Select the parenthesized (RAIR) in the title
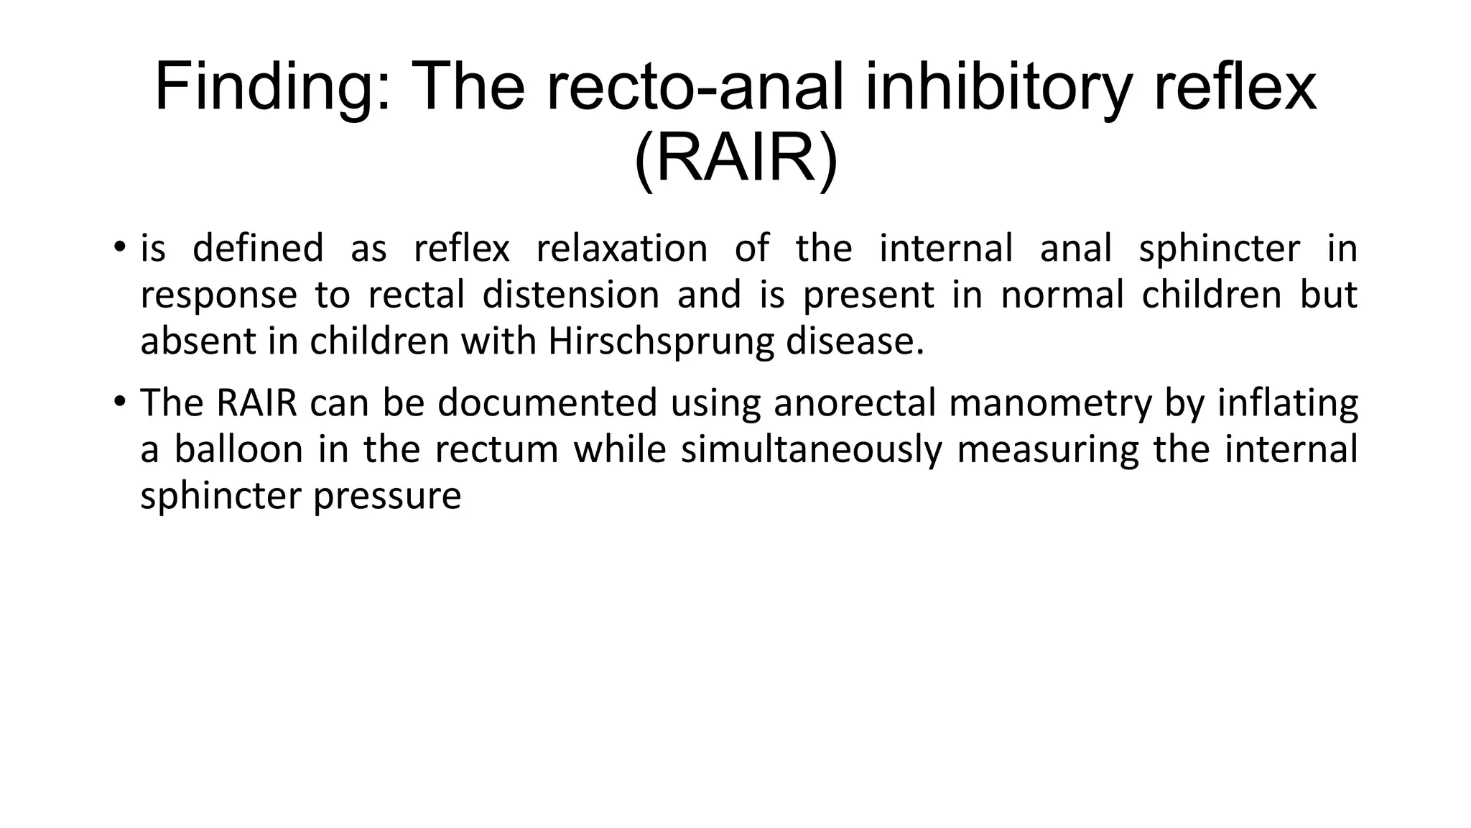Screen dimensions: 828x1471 pos(735,159)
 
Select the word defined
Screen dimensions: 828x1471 pos(259,249)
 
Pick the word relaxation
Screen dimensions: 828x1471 pos(622,249)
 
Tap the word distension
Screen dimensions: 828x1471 pos(571,295)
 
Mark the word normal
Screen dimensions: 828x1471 pos(1062,295)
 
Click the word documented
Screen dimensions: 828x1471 pos(547,403)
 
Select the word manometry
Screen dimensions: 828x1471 pos(1050,403)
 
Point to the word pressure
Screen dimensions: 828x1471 pos(387,497)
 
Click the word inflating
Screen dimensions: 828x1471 pos(1287,403)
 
